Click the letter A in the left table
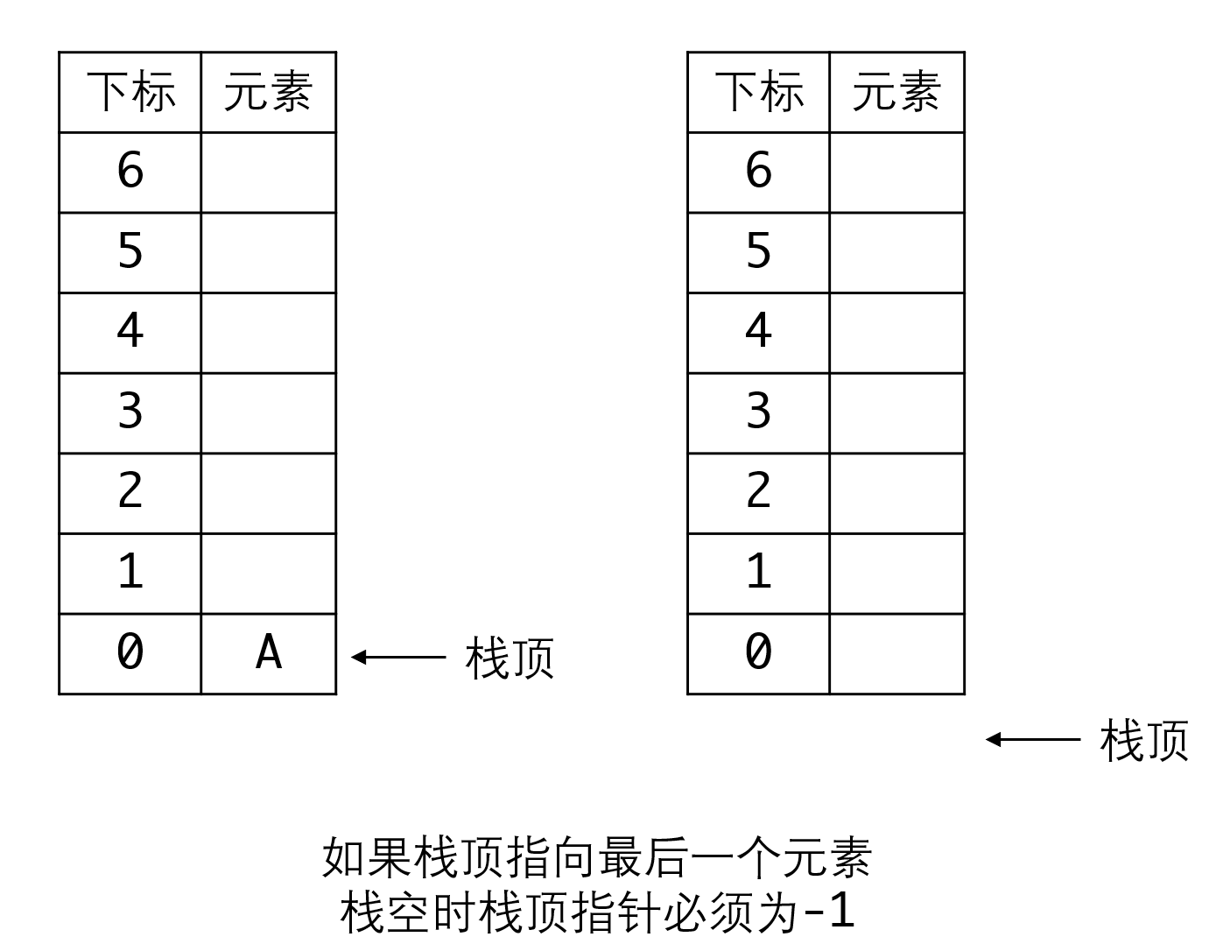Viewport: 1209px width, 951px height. tap(269, 652)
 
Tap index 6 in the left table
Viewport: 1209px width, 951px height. tap(130, 169)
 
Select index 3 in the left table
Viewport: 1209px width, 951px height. tap(130, 411)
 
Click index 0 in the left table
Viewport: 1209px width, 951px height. tap(130, 652)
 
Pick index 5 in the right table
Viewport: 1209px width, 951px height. tap(758, 250)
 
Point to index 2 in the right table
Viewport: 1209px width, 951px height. tap(758, 490)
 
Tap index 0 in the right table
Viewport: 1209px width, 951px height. tap(758, 652)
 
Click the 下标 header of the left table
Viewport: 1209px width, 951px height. tap(131, 92)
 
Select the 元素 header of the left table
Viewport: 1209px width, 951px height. tap(269, 92)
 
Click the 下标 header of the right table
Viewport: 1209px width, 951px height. tap(760, 92)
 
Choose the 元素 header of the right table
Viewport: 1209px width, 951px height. tap(897, 92)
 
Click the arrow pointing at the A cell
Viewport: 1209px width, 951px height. tap(398, 657)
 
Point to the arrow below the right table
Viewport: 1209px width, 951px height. tap(1033, 740)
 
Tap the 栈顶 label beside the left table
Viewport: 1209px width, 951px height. tap(510, 659)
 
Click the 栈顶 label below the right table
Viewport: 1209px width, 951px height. tap(1144, 741)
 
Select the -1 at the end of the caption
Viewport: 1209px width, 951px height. tap(830, 911)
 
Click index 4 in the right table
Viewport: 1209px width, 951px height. tap(758, 330)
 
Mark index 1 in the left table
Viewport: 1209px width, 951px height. tap(131, 571)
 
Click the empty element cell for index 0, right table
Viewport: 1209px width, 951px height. tap(897, 654)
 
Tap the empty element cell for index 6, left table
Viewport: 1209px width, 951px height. tap(269, 173)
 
